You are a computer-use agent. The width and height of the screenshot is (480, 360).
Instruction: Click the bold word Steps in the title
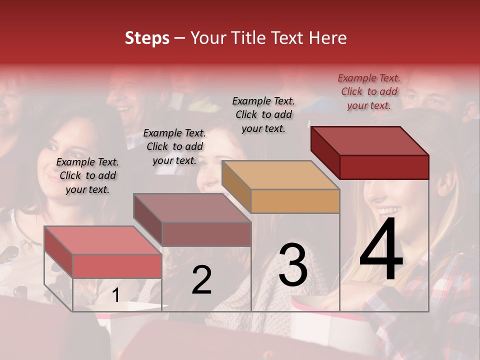point(147,38)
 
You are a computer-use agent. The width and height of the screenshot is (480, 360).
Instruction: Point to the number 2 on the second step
point(201,280)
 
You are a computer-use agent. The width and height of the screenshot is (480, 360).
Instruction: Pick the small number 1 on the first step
point(115,295)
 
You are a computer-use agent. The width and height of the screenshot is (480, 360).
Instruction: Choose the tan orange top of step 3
point(280,174)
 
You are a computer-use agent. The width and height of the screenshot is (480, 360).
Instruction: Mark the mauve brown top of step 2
point(192,207)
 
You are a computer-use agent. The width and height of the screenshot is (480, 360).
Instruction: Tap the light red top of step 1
point(103,240)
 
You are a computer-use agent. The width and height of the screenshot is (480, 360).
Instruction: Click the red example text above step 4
point(369,91)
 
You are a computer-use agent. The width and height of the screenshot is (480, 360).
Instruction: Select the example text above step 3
point(263,114)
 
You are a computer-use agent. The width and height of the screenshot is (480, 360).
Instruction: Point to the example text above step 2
point(174,146)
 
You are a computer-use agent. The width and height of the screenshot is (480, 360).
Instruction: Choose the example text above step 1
point(87,175)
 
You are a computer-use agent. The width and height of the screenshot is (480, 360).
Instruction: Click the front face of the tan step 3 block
point(295,201)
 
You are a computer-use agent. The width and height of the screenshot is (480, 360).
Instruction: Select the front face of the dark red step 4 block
point(384,167)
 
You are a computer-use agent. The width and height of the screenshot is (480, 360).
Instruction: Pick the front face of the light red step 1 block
point(117,266)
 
